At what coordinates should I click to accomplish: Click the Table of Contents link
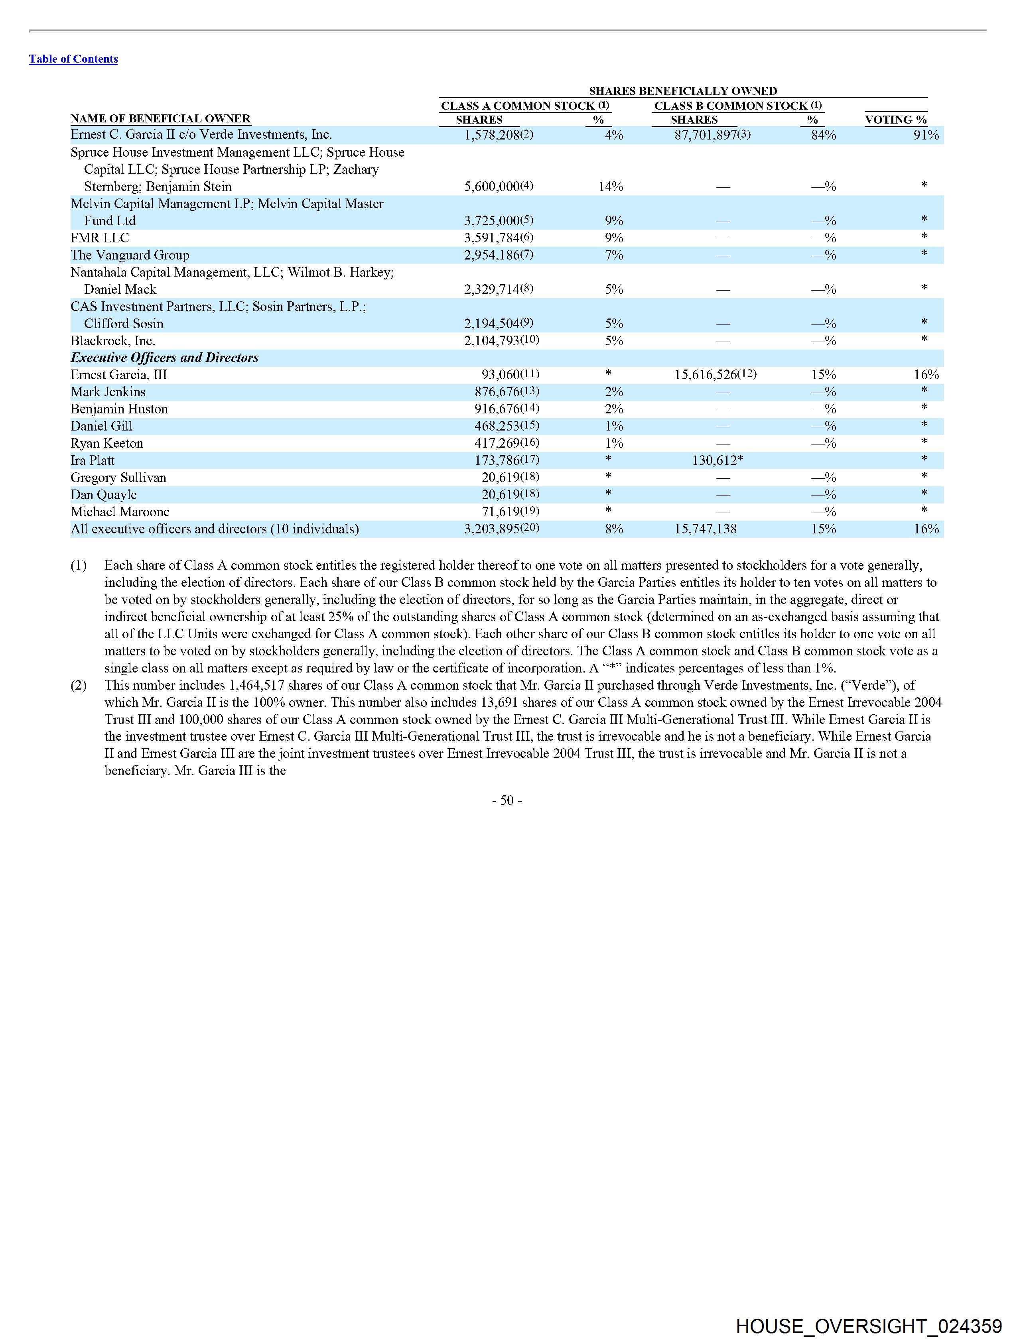(x=73, y=59)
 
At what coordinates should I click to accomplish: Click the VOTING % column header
(x=895, y=120)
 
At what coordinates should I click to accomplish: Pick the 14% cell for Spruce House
(x=611, y=187)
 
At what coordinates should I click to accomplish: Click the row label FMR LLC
(x=100, y=238)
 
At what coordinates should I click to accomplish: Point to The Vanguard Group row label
(x=130, y=255)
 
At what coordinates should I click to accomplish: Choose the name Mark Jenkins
(x=108, y=391)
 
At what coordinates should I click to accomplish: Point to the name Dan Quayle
(x=104, y=494)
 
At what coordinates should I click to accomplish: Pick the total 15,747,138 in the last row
(x=706, y=529)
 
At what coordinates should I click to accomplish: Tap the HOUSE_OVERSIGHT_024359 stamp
(x=868, y=1326)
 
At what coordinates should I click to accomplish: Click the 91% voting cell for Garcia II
(x=926, y=135)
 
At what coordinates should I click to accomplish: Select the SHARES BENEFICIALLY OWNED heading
(x=683, y=91)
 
